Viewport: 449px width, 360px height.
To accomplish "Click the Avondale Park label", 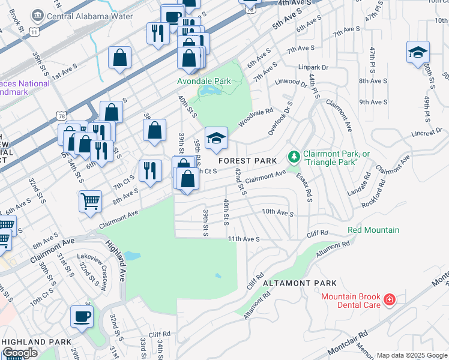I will (204, 80).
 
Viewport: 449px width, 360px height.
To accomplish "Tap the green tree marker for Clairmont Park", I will (294, 157).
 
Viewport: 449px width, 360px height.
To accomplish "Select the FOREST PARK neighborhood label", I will (247, 161).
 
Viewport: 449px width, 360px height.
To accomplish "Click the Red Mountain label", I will (373, 230).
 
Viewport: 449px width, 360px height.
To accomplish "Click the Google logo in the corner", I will (20, 353).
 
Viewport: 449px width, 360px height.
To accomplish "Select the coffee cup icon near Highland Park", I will (82, 316).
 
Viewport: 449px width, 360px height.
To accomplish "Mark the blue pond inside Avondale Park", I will (211, 91).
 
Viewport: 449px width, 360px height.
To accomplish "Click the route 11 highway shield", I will (35, 30).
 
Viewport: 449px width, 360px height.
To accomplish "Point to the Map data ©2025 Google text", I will (412, 355).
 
